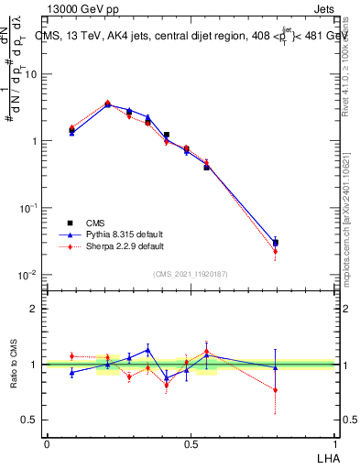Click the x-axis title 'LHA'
coord(326,456)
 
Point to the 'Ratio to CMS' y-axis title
coord(13,364)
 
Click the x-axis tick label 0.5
coord(191,443)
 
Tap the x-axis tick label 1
coord(336,443)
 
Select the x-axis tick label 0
coord(47,443)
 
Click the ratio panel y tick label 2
coord(33,309)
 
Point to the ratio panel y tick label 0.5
coord(28,420)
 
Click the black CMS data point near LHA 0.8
coord(276,243)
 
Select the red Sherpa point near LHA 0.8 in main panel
coord(276,251)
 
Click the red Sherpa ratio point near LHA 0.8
coord(276,389)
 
